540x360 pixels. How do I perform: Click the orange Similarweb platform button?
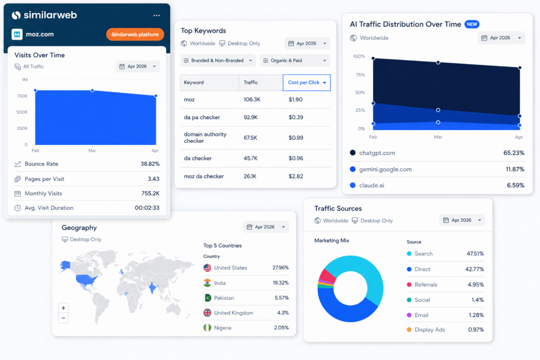[x=135, y=34]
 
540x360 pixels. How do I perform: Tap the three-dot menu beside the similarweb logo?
[x=157, y=15]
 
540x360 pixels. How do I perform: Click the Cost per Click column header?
[x=306, y=83]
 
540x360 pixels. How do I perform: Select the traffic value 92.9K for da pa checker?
[x=250, y=118]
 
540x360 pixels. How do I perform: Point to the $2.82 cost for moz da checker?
[x=296, y=176]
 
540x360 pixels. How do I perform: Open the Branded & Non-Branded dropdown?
[x=218, y=61]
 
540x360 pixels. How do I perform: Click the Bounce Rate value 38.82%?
[x=150, y=164]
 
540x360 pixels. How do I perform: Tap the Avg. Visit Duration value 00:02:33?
[x=147, y=208]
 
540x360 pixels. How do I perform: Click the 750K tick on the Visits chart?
[x=22, y=96]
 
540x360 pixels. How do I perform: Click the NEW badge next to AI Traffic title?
[x=472, y=24]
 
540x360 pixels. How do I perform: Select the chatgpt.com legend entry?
[x=373, y=153]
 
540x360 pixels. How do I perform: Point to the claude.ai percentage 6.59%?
[x=516, y=186]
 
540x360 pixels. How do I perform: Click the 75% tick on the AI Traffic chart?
[x=360, y=75]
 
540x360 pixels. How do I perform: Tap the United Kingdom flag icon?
[x=207, y=313]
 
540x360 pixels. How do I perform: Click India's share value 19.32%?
[x=281, y=283]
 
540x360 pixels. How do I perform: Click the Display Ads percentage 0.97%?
[x=476, y=330]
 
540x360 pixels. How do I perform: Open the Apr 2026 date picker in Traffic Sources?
[x=462, y=220]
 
